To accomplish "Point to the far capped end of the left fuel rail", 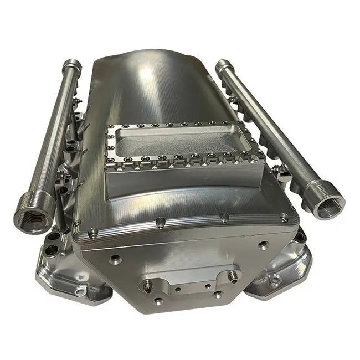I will pyautogui.click(x=72, y=66).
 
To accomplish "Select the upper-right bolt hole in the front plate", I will pyautogui.click(x=262, y=244).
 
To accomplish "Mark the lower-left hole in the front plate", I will pyautogui.click(x=159, y=301).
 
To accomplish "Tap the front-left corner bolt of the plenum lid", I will pyautogui.click(x=92, y=232).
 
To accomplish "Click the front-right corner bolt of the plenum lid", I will pyautogui.click(x=284, y=218).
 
